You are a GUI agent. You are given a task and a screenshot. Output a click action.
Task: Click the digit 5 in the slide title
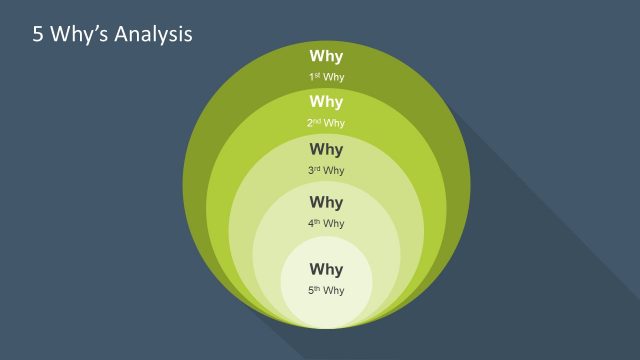(x=39, y=34)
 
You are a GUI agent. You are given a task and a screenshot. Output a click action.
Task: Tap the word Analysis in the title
(x=152, y=34)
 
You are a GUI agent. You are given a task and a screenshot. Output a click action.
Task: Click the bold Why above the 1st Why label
(x=326, y=57)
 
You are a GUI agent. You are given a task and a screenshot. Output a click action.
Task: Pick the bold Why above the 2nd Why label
(x=326, y=102)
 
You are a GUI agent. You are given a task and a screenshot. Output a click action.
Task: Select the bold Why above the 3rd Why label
(x=326, y=150)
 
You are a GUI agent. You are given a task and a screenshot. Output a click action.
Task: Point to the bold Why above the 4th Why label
(x=326, y=203)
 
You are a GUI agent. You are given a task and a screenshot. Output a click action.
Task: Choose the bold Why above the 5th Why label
(x=326, y=270)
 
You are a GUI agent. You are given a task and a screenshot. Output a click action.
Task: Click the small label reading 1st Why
(x=326, y=77)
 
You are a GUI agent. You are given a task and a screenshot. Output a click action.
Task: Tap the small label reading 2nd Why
(x=326, y=123)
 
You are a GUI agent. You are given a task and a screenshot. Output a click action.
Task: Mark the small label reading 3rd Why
(x=326, y=171)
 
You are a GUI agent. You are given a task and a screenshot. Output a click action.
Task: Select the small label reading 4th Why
(x=326, y=224)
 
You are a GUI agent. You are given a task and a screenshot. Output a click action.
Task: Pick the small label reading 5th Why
(x=326, y=291)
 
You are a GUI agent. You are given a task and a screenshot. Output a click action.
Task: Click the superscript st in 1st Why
(x=317, y=75)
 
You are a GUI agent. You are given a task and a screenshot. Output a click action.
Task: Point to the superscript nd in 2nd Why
(x=316, y=121)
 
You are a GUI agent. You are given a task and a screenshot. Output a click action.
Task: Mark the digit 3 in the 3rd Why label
(x=311, y=171)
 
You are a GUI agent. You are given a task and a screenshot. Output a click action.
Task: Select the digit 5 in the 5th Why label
(x=311, y=291)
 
